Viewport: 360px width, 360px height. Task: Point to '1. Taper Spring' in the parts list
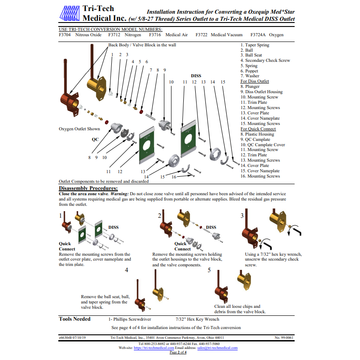coord(254,45)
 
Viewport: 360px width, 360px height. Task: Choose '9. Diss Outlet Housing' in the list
coord(261,92)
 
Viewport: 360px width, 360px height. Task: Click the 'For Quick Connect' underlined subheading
coord(258,129)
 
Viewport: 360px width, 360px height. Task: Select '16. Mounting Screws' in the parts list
coord(260,176)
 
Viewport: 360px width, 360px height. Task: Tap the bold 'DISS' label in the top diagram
coord(196,76)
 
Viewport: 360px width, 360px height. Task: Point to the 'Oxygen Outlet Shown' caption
coord(79,129)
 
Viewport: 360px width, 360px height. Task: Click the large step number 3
coord(242,216)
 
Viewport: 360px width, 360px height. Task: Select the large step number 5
coord(209,270)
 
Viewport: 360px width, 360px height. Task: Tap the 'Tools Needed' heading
coord(75,319)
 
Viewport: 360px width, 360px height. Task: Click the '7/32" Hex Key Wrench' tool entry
coord(197,319)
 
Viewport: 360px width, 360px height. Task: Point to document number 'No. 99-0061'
coord(284,337)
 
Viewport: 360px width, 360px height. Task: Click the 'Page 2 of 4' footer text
coord(178,352)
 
